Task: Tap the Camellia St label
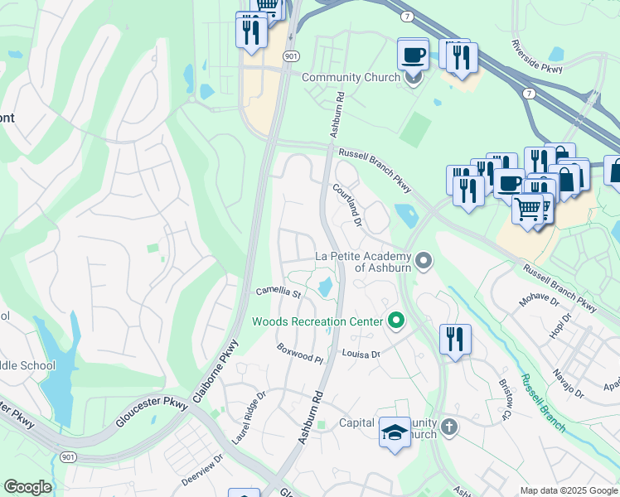pyautogui.click(x=277, y=292)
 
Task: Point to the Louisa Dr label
pyautogui.click(x=361, y=354)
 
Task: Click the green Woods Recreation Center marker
pyautogui.click(x=396, y=321)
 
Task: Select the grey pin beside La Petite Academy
pyautogui.click(x=424, y=262)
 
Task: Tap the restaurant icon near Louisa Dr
pyautogui.click(x=455, y=340)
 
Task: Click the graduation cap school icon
pyautogui.click(x=395, y=432)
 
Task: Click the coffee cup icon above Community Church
pyautogui.click(x=413, y=55)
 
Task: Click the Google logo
pyautogui.click(x=27, y=487)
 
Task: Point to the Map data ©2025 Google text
pyautogui.click(x=568, y=490)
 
